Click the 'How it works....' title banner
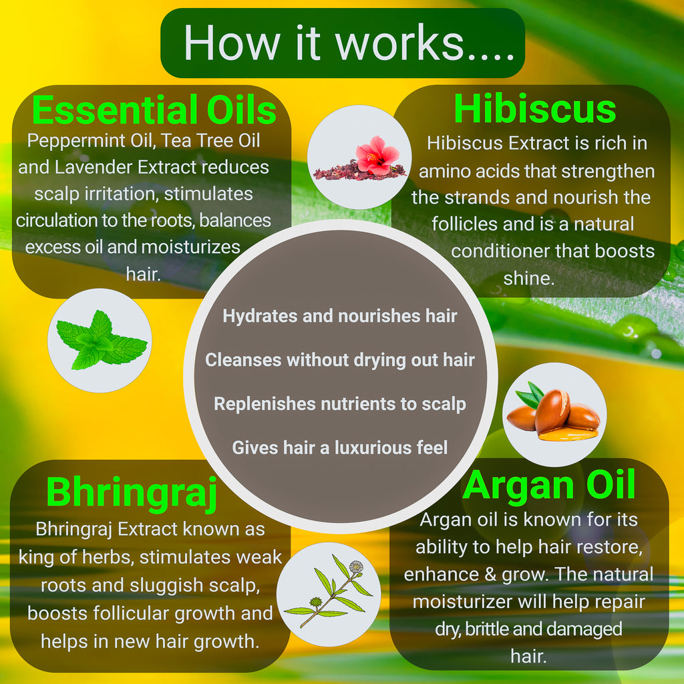pos(343,43)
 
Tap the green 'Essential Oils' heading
pos(154,110)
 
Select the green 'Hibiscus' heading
pos(535,108)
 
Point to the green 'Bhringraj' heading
pos(132,493)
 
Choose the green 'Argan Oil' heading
pos(549,485)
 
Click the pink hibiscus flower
pos(377,155)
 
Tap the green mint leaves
pos(102,340)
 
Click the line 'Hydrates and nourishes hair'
pos(340,316)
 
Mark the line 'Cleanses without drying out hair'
pos(340,360)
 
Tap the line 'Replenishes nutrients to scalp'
pos(340,404)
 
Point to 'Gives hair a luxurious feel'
pos(340,448)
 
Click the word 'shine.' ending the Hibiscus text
pos(529,278)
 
